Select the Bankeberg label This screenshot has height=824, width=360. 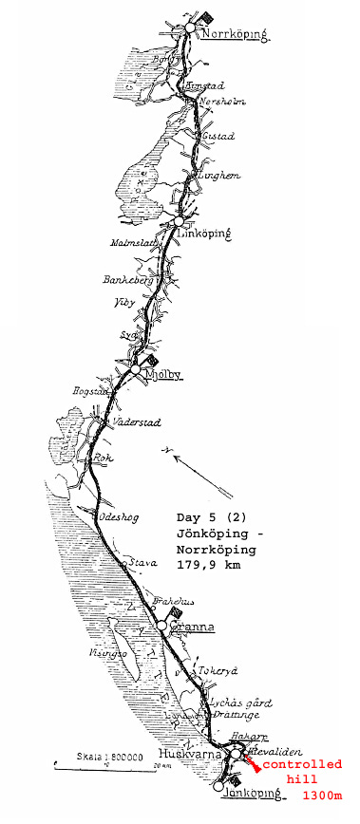tap(124, 282)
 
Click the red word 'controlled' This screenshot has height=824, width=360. tap(303, 765)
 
